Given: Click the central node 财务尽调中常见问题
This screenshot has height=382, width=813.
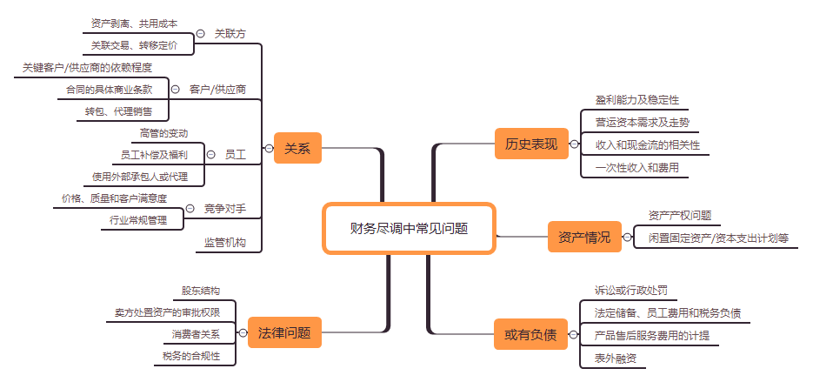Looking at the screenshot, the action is pyautogui.click(x=409, y=228).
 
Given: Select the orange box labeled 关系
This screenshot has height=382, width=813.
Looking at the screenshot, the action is pyautogui.click(x=297, y=148).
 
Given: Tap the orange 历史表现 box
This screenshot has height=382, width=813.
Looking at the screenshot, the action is pyautogui.click(x=531, y=144).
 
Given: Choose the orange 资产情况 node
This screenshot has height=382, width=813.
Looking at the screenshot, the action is pyautogui.click(x=584, y=238).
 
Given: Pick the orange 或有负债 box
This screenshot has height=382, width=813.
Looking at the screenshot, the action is pyautogui.click(x=531, y=334).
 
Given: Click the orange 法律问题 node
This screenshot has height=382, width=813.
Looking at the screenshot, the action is pyautogui.click(x=284, y=332).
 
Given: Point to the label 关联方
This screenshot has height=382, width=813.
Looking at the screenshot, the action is pyautogui.click(x=230, y=34).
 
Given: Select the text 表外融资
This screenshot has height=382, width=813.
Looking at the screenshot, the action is pyautogui.click(x=616, y=359).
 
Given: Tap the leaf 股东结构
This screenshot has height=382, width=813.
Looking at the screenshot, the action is pyautogui.click(x=201, y=292).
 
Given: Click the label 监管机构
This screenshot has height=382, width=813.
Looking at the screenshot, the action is pyautogui.click(x=225, y=243).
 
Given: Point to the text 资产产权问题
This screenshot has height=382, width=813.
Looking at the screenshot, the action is pyautogui.click(x=680, y=216).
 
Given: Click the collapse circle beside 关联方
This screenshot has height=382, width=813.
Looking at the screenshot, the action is pyautogui.click(x=201, y=34).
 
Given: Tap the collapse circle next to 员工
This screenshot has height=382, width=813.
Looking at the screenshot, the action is pyautogui.click(x=210, y=155).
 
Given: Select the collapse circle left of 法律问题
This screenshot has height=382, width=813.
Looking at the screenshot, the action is pyautogui.click(x=243, y=332).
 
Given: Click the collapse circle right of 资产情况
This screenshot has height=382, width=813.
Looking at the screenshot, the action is pyautogui.click(x=628, y=238).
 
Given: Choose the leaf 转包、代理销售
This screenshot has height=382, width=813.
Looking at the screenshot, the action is pyautogui.click(x=119, y=111).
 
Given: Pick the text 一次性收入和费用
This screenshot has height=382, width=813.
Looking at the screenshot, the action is pyautogui.click(x=637, y=168).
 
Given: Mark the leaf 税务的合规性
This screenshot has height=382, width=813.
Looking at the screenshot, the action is pyautogui.click(x=191, y=356).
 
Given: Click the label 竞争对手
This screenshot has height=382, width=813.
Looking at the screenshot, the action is pyautogui.click(x=225, y=209).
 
